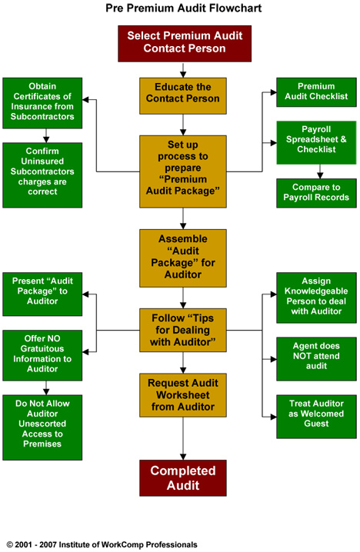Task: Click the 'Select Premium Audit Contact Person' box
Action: click(x=185, y=44)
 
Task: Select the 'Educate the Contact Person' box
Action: click(x=183, y=96)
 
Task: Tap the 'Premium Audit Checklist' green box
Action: click(x=316, y=92)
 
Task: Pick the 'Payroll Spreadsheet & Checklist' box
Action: click(x=316, y=142)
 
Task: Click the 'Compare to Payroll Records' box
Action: click(x=316, y=193)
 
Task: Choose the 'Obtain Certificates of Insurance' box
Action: click(x=42, y=103)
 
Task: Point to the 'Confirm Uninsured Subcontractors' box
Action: click(x=42, y=175)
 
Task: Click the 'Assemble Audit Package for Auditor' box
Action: click(x=183, y=258)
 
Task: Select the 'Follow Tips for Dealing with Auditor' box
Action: click(x=183, y=331)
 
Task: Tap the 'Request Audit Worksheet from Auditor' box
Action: click(x=183, y=395)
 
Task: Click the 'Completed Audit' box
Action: click(x=183, y=477)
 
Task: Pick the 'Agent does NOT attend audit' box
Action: click(x=316, y=359)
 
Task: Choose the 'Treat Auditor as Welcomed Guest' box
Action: click(x=316, y=417)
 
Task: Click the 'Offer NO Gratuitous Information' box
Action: click(x=42, y=355)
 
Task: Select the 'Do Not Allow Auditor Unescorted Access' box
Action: click(x=42, y=427)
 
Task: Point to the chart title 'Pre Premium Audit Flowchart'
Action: click(x=184, y=8)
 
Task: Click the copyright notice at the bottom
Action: click(x=102, y=544)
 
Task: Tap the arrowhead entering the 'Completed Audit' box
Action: click(x=183, y=457)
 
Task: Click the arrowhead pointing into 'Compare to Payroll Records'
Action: click(x=320, y=176)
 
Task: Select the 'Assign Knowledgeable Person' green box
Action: click(x=316, y=298)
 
